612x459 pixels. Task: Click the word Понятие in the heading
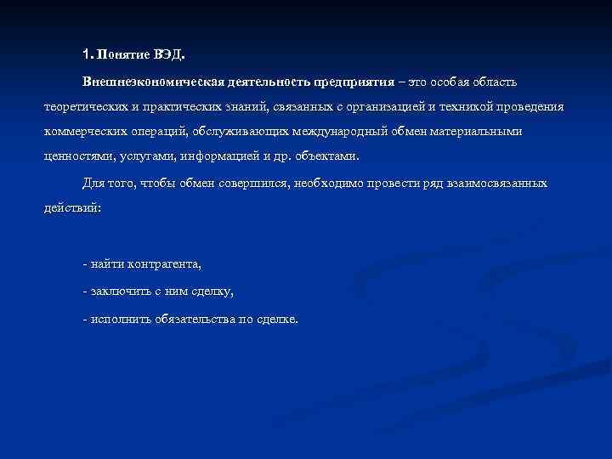(123, 55)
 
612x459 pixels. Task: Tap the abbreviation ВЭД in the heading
(167, 55)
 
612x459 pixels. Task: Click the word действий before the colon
(71, 208)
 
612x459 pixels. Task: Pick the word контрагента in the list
(164, 264)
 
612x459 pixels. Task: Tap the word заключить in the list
(116, 292)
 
